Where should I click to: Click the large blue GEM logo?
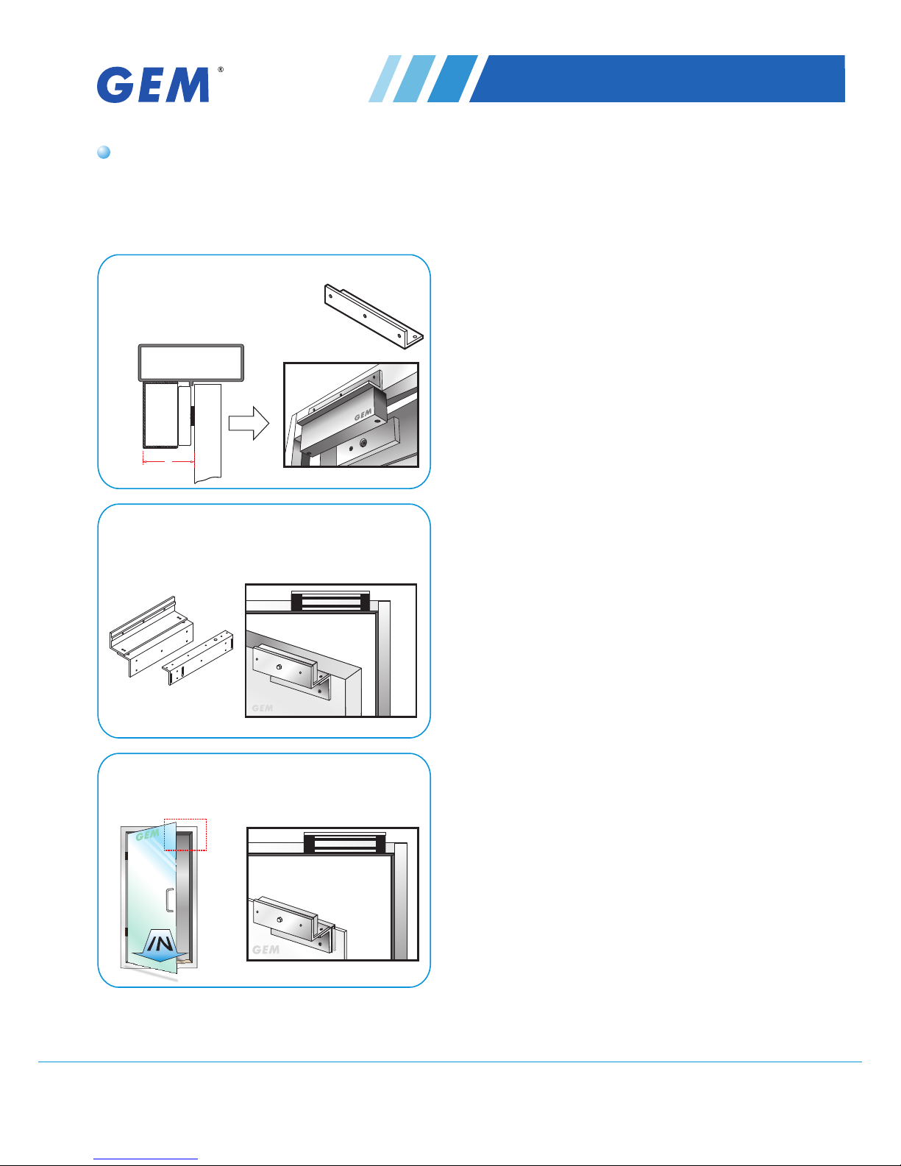click(153, 85)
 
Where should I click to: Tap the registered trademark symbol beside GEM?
click(221, 70)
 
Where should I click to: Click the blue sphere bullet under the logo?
click(104, 152)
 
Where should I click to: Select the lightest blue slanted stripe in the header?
click(385, 78)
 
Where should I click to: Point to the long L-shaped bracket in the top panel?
click(374, 316)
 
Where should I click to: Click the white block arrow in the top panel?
click(249, 423)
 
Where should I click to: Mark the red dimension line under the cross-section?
click(168, 461)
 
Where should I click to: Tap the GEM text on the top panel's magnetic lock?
click(363, 415)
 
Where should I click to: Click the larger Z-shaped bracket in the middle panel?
click(152, 636)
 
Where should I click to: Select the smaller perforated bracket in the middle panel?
click(198, 658)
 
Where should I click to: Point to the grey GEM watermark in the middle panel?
click(263, 708)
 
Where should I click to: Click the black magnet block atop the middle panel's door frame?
click(330, 601)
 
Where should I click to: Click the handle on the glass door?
click(169, 900)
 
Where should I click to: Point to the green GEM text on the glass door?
click(147, 835)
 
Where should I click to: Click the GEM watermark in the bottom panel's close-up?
click(266, 950)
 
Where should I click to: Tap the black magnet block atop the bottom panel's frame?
click(345, 843)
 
